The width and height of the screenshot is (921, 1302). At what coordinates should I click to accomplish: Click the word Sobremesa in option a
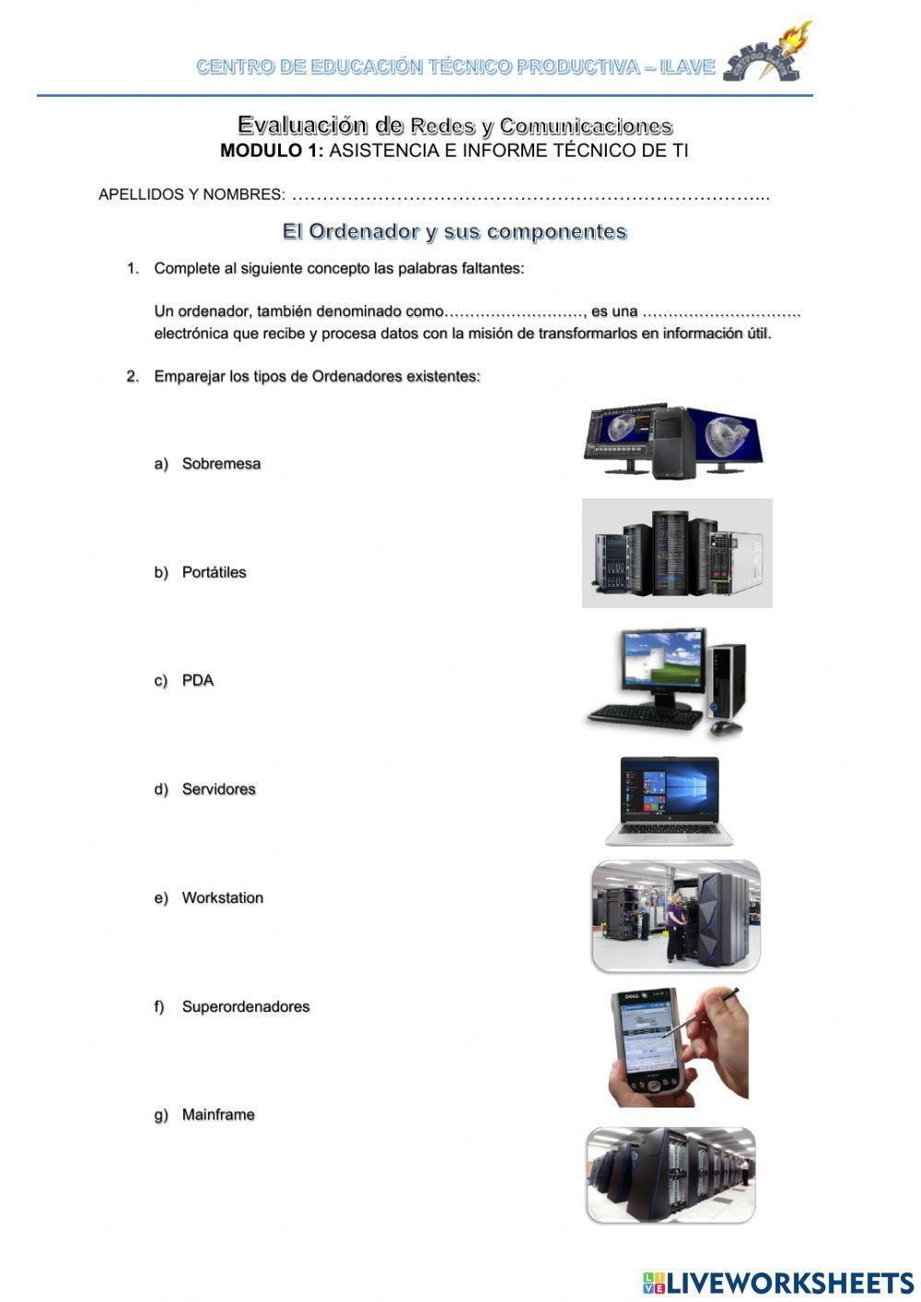pyautogui.click(x=221, y=463)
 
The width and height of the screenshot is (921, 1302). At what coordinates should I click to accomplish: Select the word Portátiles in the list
pyautogui.click(x=214, y=572)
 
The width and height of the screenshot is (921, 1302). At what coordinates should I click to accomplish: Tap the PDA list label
pyautogui.click(x=197, y=681)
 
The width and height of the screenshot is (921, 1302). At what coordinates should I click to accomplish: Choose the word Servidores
pyautogui.click(x=218, y=790)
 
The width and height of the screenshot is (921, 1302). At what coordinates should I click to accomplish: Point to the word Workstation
pyautogui.click(x=222, y=898)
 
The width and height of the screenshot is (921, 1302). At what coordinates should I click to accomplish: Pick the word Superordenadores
pyautogui.click(x=245, y=1007)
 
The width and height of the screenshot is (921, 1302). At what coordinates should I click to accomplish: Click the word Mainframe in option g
pyautogui.click(x=217, y=1115)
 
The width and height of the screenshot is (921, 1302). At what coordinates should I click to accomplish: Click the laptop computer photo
pyautogui.click(x=670, y=800)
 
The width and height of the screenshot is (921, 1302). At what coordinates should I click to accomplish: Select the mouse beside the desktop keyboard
pyautogui.click(x=726, y=727)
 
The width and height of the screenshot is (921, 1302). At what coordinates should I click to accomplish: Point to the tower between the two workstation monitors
pyautogui.click(x=673, y=442)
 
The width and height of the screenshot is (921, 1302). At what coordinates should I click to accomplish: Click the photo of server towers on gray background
pyautogui.click(x=677, y=553)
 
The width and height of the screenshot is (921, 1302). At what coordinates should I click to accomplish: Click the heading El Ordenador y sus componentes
pyautogui.click(x=454, y=231)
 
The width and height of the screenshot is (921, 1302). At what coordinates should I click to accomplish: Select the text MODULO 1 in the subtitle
pyautogui.click(x=271, y=151)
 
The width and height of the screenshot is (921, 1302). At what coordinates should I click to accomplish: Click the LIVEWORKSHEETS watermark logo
pyautogui.click(x=778, y=1282)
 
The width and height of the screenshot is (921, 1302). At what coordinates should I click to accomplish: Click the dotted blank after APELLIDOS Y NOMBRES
pyautogui.click(x=530, y=195)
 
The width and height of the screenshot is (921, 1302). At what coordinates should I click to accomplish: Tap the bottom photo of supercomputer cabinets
pyautogui.click(x=670, y=1175)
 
